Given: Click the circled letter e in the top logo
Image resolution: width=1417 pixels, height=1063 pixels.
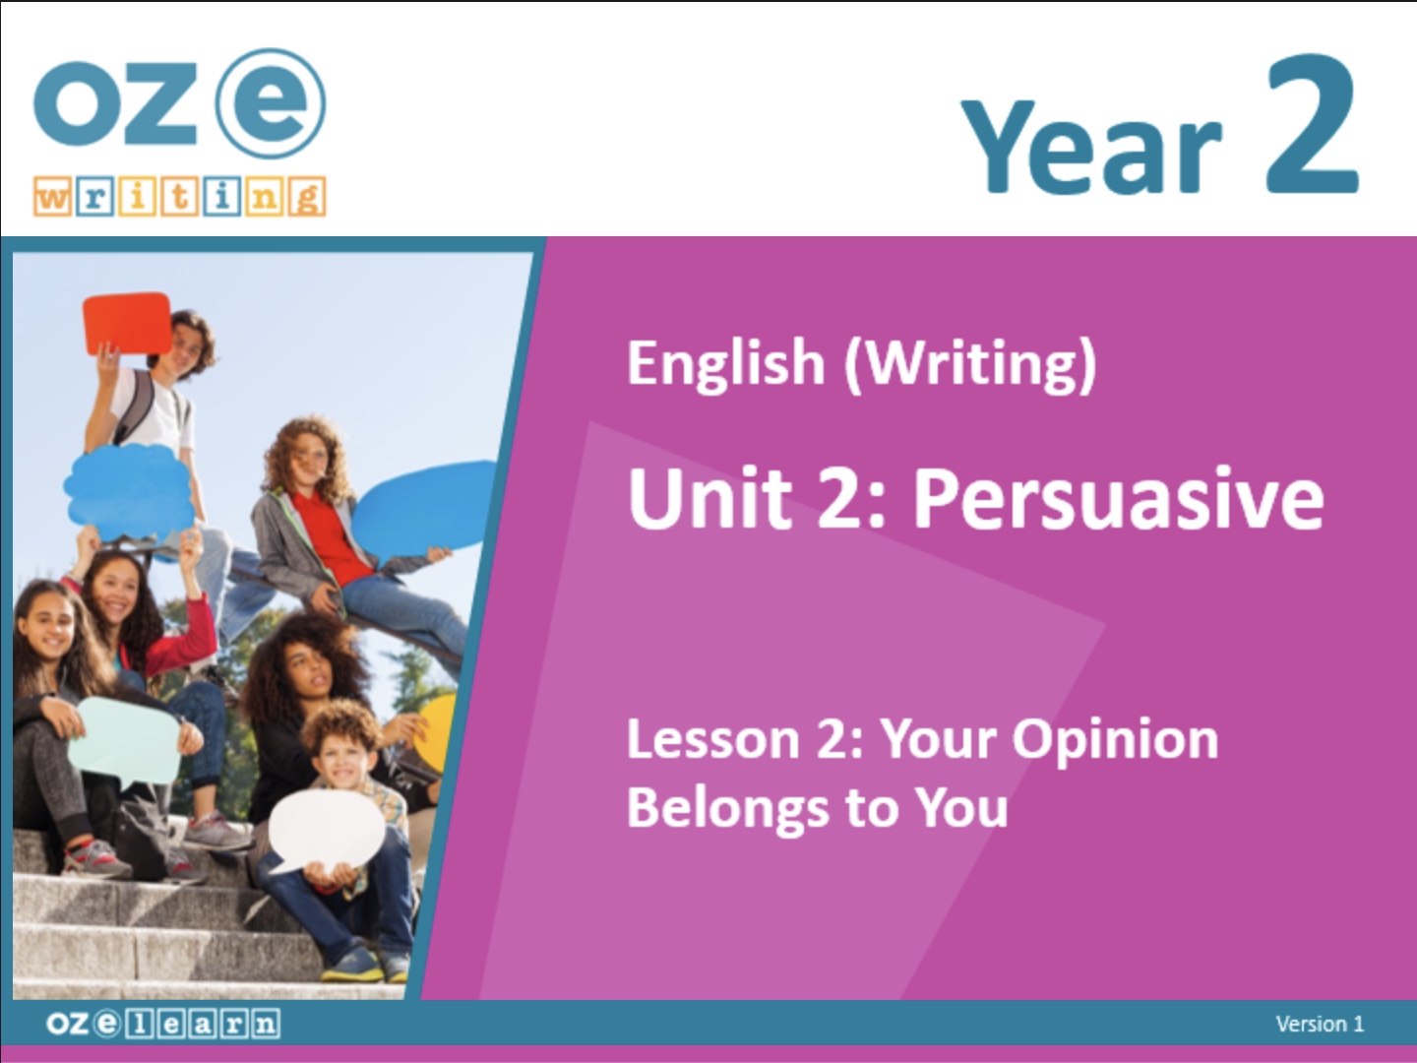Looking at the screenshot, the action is [271, 103].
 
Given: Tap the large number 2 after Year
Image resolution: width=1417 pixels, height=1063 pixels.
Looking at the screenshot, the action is [1312, 123].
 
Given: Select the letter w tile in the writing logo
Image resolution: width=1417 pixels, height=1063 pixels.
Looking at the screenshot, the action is [52, 197].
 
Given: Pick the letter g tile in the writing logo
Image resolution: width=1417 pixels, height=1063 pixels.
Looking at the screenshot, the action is [307, 196].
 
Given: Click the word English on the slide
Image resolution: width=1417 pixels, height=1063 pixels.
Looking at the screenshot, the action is [726, 363].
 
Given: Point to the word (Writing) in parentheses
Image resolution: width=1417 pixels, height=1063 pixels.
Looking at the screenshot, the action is [970, 364].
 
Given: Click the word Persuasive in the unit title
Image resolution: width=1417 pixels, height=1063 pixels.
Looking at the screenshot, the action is [1118, 499].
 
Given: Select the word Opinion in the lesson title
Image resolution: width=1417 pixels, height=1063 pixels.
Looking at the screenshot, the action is [1115, 742].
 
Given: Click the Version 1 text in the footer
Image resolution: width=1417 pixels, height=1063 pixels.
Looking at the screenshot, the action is [1321, 1025].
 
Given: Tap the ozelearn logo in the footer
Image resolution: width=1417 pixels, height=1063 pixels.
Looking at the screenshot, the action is [163, 1025].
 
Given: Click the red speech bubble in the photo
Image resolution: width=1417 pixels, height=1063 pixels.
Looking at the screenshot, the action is [128, 323].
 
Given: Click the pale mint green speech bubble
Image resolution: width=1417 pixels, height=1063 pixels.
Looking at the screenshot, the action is [125, 741].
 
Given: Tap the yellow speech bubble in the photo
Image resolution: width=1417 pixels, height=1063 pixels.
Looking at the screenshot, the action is [435, 730].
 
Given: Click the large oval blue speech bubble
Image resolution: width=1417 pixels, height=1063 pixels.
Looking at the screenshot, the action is [423, 509].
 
